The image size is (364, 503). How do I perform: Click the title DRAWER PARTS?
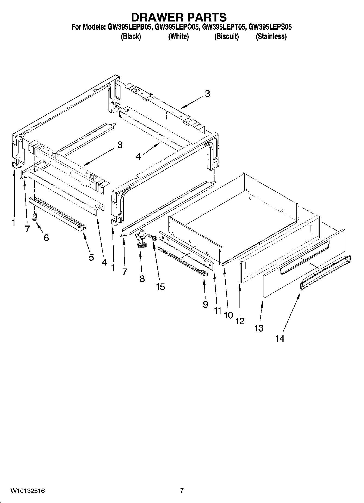(179, 17)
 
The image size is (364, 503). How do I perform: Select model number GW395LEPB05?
(129, 27)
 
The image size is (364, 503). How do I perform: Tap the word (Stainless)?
(271, 36)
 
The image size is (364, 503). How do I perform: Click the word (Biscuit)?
(226, 36)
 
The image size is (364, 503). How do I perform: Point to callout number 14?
(280, 338)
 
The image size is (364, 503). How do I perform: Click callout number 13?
(259, 328)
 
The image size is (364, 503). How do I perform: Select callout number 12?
(240, 321)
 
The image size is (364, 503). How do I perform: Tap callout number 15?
(160, 286)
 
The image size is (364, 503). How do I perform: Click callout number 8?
(142, 279)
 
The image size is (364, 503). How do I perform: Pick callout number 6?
(46, 237)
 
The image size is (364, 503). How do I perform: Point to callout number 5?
(91, 257)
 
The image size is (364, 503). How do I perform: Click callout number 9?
(206, 304)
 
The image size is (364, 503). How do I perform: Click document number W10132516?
(28, 491)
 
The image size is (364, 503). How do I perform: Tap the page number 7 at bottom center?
(182, 490)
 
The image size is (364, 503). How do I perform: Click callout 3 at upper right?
(207, 94)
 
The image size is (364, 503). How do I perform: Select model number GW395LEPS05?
(270, 27)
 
